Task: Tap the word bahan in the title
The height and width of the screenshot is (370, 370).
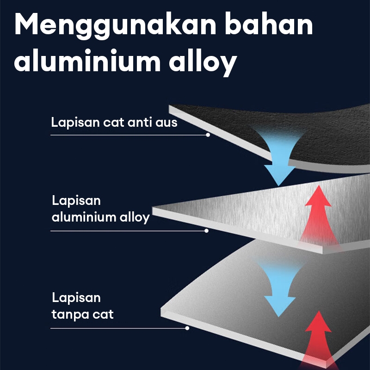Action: tap(269, 26)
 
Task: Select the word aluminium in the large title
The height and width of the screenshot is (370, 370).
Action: tap(86, 62)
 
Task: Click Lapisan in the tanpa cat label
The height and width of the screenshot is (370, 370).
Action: tap(76, 297)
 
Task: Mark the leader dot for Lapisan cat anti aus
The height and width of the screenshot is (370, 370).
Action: tap(208, 135)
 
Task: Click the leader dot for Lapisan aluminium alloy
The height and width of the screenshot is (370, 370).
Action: tap(207, 231)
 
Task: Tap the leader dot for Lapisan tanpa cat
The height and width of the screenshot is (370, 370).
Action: tap(187, 328)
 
